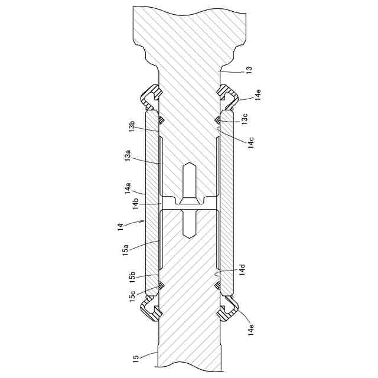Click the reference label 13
(249, 70)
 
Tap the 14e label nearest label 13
(258, 94)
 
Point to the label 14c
(250, 142)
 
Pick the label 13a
(128, 155)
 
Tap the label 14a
(128, 188)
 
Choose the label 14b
(135, 204)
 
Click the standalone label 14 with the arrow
(120, 227)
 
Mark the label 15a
(125, 250)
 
